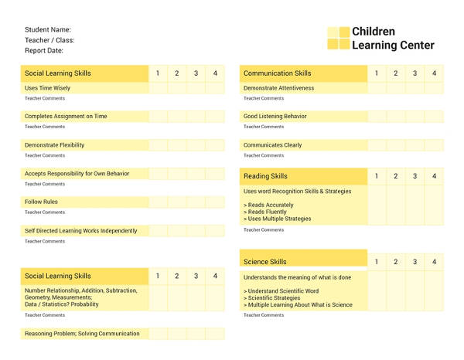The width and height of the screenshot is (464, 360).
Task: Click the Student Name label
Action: pyautogui.click(x=48, y=30)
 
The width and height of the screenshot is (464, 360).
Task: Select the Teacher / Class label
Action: pyautogui.click(x=49, y=40)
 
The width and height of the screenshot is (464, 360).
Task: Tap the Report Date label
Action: pyautogui.click(x=44, y=50)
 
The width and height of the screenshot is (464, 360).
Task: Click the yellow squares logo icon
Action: pyautogui.click(x=338, y=39)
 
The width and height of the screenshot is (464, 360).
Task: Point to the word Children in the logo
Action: pyautogui.click(x=374, y=32)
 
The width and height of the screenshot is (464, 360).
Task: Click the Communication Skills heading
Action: pyautogui.click(x=278, y=73)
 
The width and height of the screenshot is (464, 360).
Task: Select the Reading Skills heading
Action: pyautogui.click(x=265, y=176)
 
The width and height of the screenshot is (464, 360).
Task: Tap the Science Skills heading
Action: pyautogui.click(x=265, y=262)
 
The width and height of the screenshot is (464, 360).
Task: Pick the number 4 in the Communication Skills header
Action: pyautogui.click(x=434, y=73)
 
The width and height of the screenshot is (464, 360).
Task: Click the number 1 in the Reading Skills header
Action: pyautogui.click(x=377, y=176)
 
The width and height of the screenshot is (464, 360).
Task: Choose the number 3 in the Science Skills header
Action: pyautogui.click(x=415, y=262)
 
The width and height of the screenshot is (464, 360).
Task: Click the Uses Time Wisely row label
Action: pyautogui.click(x=47, y=88)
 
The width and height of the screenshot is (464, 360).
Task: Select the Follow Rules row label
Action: pyautogui.click(x=41, y=202)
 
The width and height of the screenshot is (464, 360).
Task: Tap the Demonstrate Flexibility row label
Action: pyautogui.click(x=54, y=145)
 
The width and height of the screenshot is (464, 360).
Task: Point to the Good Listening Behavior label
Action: pyautogui.click(x=275, y=117)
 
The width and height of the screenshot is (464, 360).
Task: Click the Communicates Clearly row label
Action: pyautogui.click(x=273, y=145)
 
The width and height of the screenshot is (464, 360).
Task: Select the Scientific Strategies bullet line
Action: pyautogui.click(x=272, y=297)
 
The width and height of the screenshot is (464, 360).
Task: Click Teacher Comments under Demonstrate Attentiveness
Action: pyautogui.click(x=264, y=98)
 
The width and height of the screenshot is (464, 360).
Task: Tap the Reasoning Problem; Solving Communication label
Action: pyautogui.click(x=82, y=334)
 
